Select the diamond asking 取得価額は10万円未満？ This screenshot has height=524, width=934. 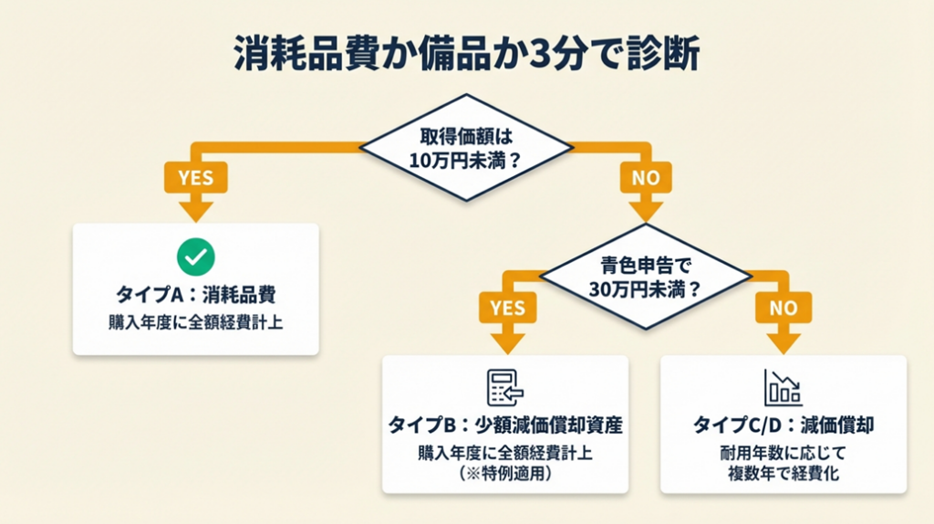pos(466,147)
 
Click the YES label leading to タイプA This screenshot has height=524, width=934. pos(195,178)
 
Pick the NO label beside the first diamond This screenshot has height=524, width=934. pos(646,178)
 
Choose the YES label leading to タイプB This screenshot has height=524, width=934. pos(508,308)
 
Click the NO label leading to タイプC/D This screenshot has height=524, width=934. pos(783,308)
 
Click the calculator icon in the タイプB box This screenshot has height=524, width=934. pos(505,388)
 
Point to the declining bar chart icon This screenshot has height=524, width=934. pos(783,388)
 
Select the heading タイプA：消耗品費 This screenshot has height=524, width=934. pos(195,295)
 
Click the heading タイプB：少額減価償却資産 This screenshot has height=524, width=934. pos(505,425)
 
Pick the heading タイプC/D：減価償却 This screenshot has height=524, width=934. pos(783,425)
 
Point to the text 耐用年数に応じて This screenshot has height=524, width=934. pos(783,453)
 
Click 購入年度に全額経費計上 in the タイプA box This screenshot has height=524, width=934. pos(195,322)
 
